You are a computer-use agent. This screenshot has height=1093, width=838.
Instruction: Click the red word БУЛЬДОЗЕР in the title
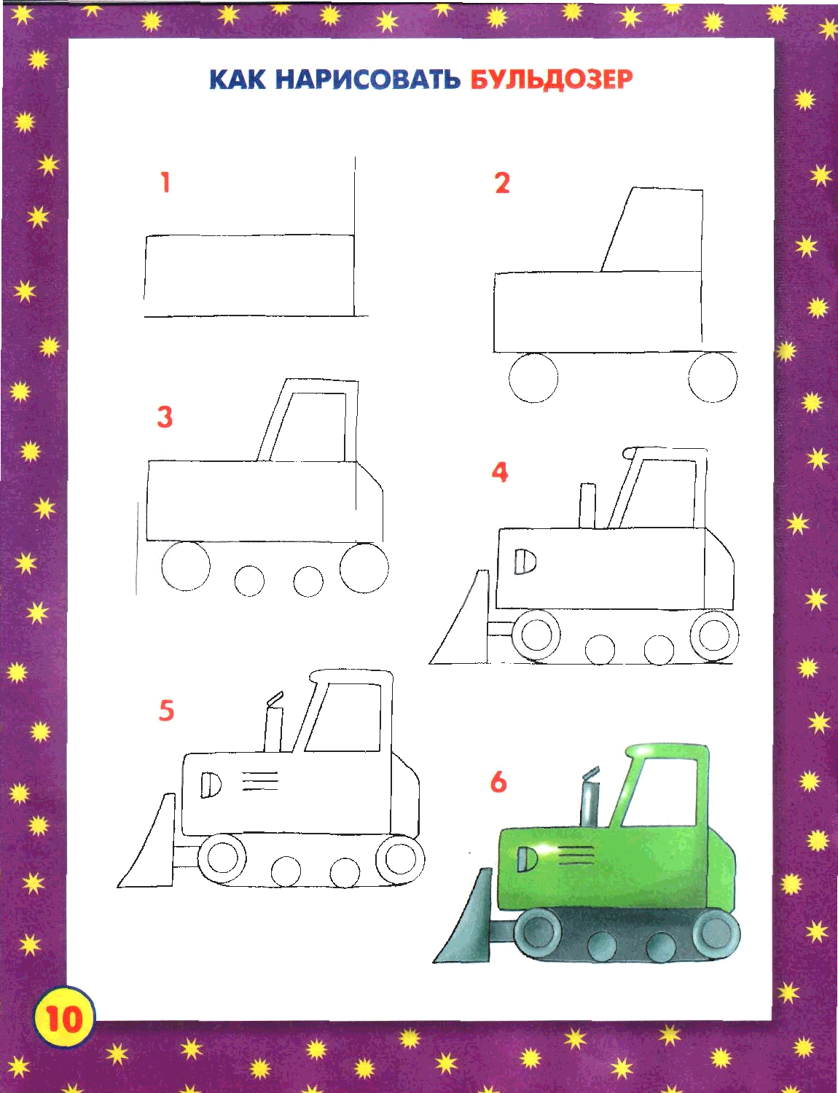tap(552, 80)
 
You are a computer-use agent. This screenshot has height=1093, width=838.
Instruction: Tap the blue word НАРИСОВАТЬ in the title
tap(368, 80)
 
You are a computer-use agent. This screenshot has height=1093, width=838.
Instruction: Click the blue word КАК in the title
tap(238, 80)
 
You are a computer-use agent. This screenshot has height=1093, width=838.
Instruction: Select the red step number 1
tap(165, 182)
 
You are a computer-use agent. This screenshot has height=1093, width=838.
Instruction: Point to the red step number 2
tap(502, 183)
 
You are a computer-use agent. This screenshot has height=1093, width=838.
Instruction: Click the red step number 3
tap(165, 417)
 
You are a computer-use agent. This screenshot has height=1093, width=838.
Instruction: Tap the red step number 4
tap(500, 472)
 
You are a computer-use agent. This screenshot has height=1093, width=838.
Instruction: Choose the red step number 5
tap(166, 710)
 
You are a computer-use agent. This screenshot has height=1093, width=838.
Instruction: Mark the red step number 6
tap(498, 782)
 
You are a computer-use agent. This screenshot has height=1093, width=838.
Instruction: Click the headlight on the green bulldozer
tap(527, 858)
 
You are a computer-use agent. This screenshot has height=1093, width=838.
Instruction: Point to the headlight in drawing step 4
tap(525, 561)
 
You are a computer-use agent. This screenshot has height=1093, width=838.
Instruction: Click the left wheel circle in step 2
tap(533, 377)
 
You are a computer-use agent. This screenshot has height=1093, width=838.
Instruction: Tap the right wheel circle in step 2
tap(713, 377)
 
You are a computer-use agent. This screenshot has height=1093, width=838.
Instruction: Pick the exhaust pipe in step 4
tap(587, 506)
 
